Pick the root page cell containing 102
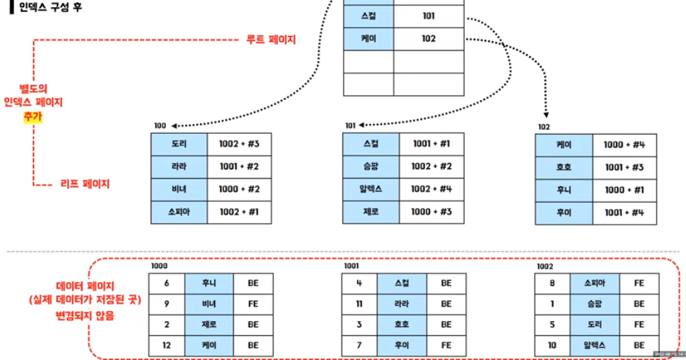click(x=428, y=39)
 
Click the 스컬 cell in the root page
click(x=368, y=16)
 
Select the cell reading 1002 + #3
click(x=239, y=144)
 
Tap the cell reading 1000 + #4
click(x=624, y=145)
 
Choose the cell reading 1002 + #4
click(x=431, y=189)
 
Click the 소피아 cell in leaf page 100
click(x=180, y=212)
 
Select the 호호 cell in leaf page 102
click(x=564, y=168)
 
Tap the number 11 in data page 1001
click(x=359, y=303)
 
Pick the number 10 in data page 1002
click(x=552, y=345)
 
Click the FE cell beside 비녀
click(x=252, y=303)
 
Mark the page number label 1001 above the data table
click(x=351, y=267)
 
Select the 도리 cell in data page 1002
click(x=594, y=324)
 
